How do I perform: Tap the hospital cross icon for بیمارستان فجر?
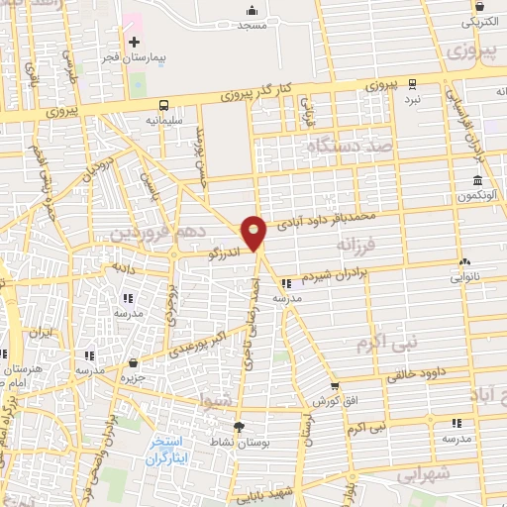click(x=134, y=42)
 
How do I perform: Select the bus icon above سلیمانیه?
click(x=163, y=104)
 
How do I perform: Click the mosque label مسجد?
click(x=253, y=25)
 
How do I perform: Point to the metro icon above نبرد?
click(x=412, y=84)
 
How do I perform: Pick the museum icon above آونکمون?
click(x=477, y=181)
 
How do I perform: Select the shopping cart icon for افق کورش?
click(x=335, y=386)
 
